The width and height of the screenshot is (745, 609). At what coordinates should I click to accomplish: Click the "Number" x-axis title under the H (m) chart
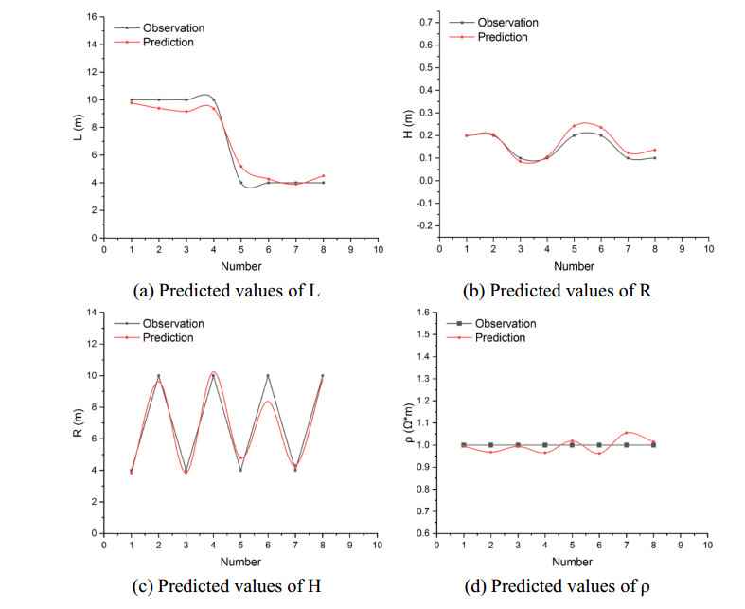[x=573, y=267]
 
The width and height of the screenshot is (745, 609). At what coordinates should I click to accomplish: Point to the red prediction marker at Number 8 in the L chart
[x=323, y=175]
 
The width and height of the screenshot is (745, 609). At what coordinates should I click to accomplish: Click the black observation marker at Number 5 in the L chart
[x=240, y=183]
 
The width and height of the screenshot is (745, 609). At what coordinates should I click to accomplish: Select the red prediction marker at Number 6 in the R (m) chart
[x=268, y=402]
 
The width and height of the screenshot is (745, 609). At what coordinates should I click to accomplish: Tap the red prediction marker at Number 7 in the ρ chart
[x=626, y=433]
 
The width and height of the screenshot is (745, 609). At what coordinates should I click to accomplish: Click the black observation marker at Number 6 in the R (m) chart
[x=268, y=376]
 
